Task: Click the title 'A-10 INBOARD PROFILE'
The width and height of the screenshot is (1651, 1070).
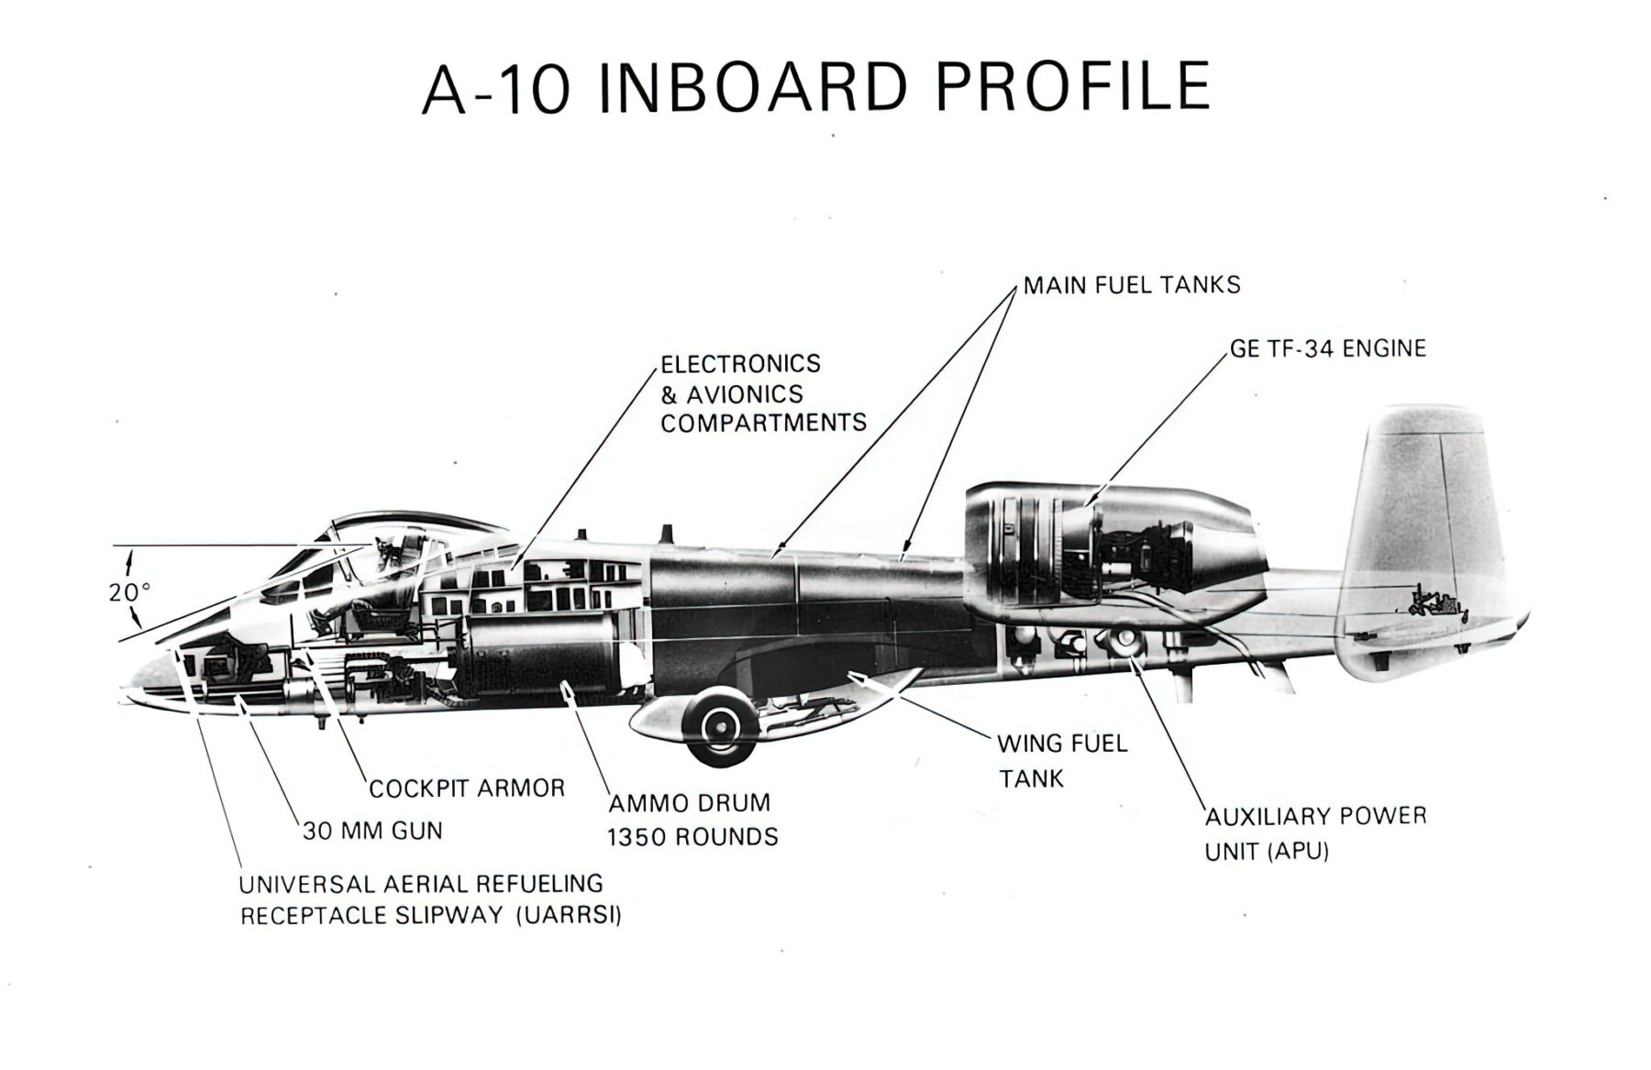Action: (x=815, y=88)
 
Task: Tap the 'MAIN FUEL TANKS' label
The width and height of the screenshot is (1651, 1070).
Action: (x=1132, y=285)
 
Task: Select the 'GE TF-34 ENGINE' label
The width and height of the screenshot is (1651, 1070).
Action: (x=1327, y=348)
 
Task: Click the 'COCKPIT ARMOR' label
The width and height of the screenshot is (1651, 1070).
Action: (x=467, y=789)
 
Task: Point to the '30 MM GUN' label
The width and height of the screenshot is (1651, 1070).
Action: (x=372, y=832)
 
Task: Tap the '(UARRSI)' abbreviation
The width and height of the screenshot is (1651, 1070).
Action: (x=569, y=916)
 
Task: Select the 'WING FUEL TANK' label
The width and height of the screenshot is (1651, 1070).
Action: (x=1062, y=761)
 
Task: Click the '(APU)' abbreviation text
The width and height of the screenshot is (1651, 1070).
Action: (x=1298, y=851)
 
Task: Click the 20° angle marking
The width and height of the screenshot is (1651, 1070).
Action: (x=129, y=592)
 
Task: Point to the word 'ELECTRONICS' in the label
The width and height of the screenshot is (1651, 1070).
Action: (x=740, y=364)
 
